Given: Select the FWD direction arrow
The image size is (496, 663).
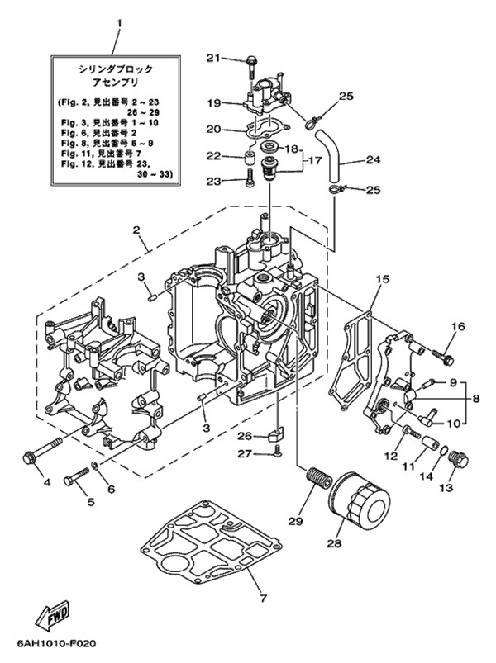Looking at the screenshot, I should click(x=53, y=616).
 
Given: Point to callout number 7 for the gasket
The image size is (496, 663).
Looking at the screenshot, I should click(x=264, y=598).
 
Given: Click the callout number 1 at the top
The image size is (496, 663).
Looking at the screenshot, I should click(x=118, y=24).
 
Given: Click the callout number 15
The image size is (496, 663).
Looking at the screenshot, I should click(x=382, y=281).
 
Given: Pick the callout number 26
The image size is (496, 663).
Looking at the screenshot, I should click(x=245, y=435).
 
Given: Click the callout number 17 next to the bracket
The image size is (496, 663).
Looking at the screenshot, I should click(x=312, y=161).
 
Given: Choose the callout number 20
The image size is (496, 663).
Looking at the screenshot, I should click(x=212, y=129).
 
